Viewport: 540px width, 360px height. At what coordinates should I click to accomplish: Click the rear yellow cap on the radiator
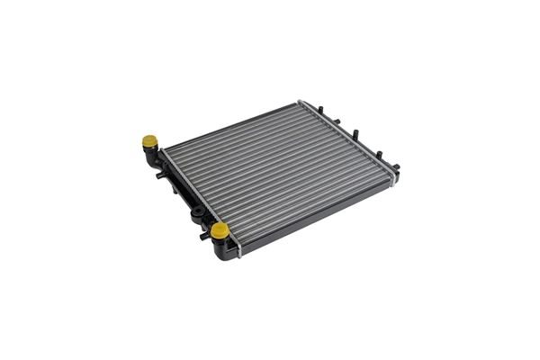(149, 141)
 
